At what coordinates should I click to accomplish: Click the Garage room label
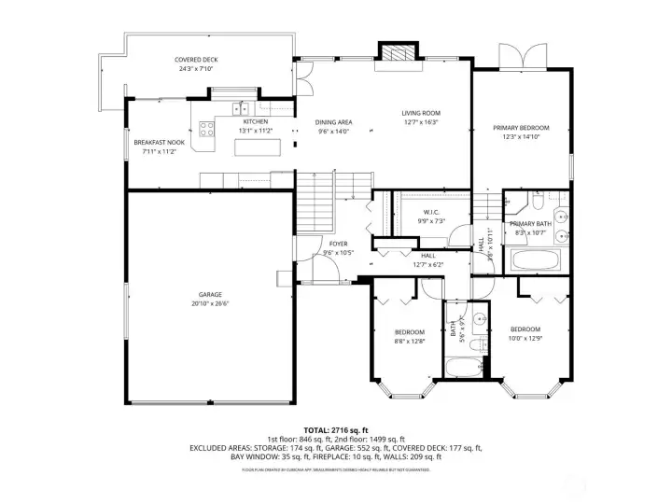[x=209, y=294]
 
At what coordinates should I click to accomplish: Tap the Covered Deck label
[x=170, y=60]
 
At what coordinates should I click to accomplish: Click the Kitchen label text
[x=255, y=122]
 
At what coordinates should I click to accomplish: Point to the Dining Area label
[x=333, y=122]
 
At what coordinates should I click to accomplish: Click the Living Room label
[x=421, y=114]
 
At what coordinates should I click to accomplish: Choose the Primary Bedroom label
[x=521, y=128]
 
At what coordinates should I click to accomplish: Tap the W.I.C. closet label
[x=431, y=211]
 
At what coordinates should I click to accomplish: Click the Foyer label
[x=338, y=244]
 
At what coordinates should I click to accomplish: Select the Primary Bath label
[x=531, y=225]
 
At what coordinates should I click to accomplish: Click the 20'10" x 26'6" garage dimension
[x=209, y=303]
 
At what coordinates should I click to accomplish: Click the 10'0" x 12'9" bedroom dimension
[x=525, y=339]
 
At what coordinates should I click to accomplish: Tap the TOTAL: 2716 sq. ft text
[x=336, y=428]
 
